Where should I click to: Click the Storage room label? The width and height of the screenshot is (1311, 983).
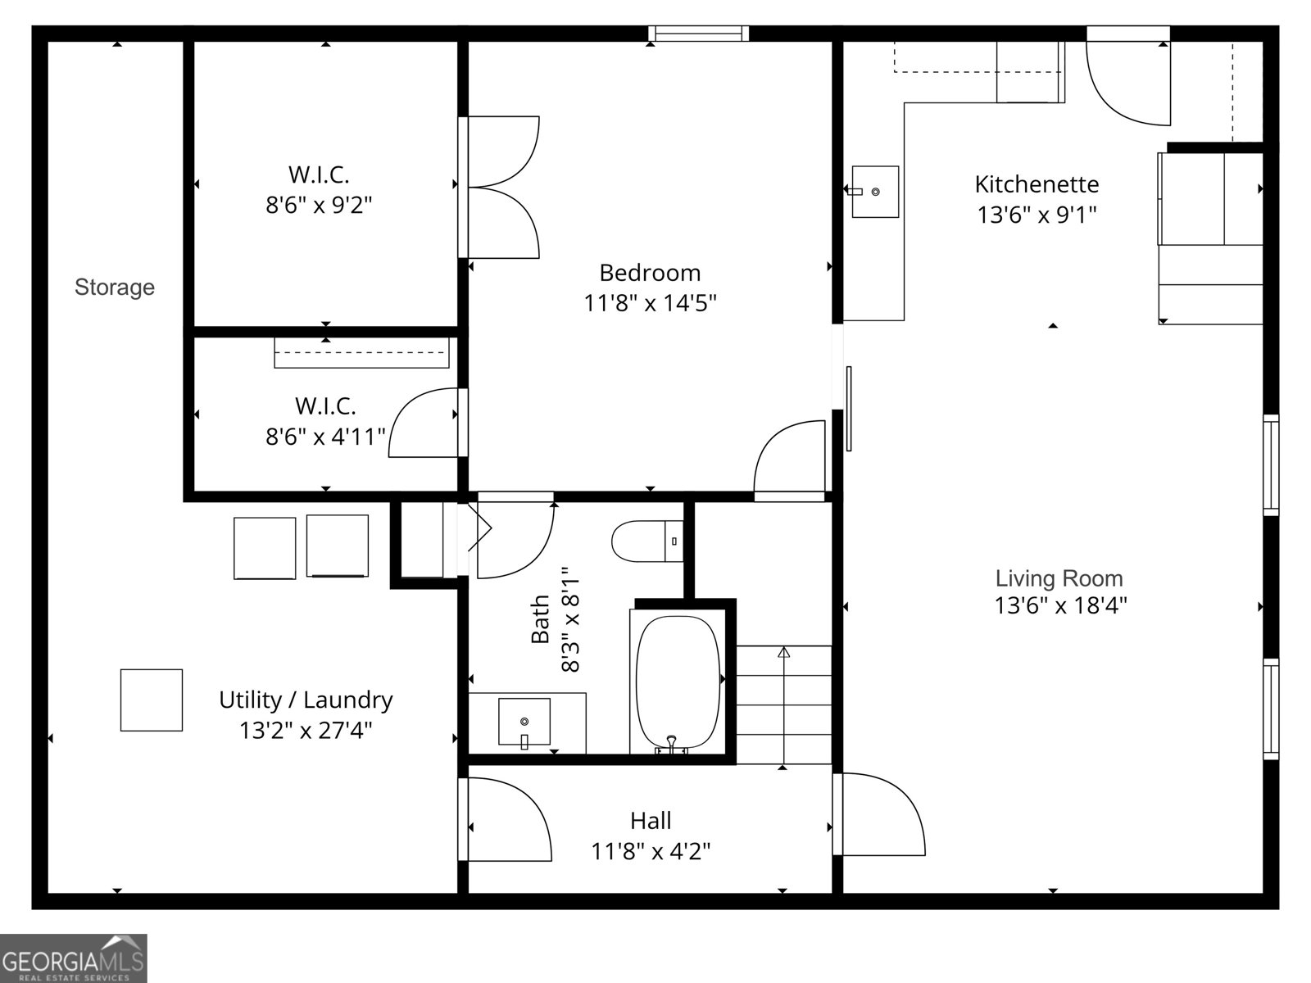[x=115, y=287]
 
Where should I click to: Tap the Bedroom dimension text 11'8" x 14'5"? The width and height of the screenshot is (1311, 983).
[x=650, y=303]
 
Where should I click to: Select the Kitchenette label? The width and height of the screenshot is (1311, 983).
[x=1037, y=184]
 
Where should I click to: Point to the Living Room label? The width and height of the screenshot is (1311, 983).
[x=1059, y=578]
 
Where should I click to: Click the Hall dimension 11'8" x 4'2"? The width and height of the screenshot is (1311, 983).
[x=651, y=851]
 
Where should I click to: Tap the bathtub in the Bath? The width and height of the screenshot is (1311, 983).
[x=678, y=682]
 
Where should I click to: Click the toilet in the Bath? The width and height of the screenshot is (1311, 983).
[x=647, y=541]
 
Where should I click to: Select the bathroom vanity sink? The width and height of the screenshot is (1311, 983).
[x=524, y=723]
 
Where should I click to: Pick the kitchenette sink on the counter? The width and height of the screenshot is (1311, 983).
[x=875, y=192]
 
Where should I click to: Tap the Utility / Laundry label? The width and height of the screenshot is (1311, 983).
[x=306, y=700]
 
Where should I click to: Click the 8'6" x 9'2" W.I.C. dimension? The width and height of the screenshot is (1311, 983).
[x=319, y=206]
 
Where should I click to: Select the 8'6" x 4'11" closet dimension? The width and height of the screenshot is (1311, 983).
[x=325, y=437]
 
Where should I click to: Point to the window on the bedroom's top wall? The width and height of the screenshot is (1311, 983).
[x=699, y=34]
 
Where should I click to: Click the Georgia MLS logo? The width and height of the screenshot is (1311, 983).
[x=74, y=958]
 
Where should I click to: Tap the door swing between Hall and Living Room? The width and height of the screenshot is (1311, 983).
[x=879, y=814]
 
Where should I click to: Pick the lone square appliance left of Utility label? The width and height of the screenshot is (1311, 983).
[x=152, y=700]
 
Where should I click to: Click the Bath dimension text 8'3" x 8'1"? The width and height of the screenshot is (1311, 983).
[x=571, y=619]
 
